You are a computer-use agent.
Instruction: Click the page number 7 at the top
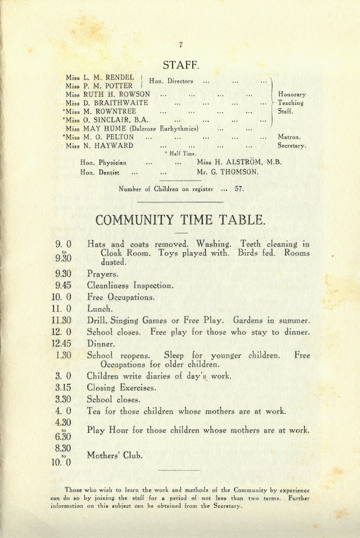click(x=180, y=45)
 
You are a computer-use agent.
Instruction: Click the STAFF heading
click(x=180, y=65)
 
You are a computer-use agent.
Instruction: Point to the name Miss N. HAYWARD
click(x=99, y=145)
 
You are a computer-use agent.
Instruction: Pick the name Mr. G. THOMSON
click(x=229, y=172)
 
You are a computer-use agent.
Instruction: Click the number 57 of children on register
click(x=239, y=189)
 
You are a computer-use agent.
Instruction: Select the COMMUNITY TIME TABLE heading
click(x=180, y=221)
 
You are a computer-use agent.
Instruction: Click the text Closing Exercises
click(x=121, y=388)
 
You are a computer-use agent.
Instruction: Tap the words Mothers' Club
click(x=115, y=455)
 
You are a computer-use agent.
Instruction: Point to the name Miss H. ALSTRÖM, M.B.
click(x=239, y=162)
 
